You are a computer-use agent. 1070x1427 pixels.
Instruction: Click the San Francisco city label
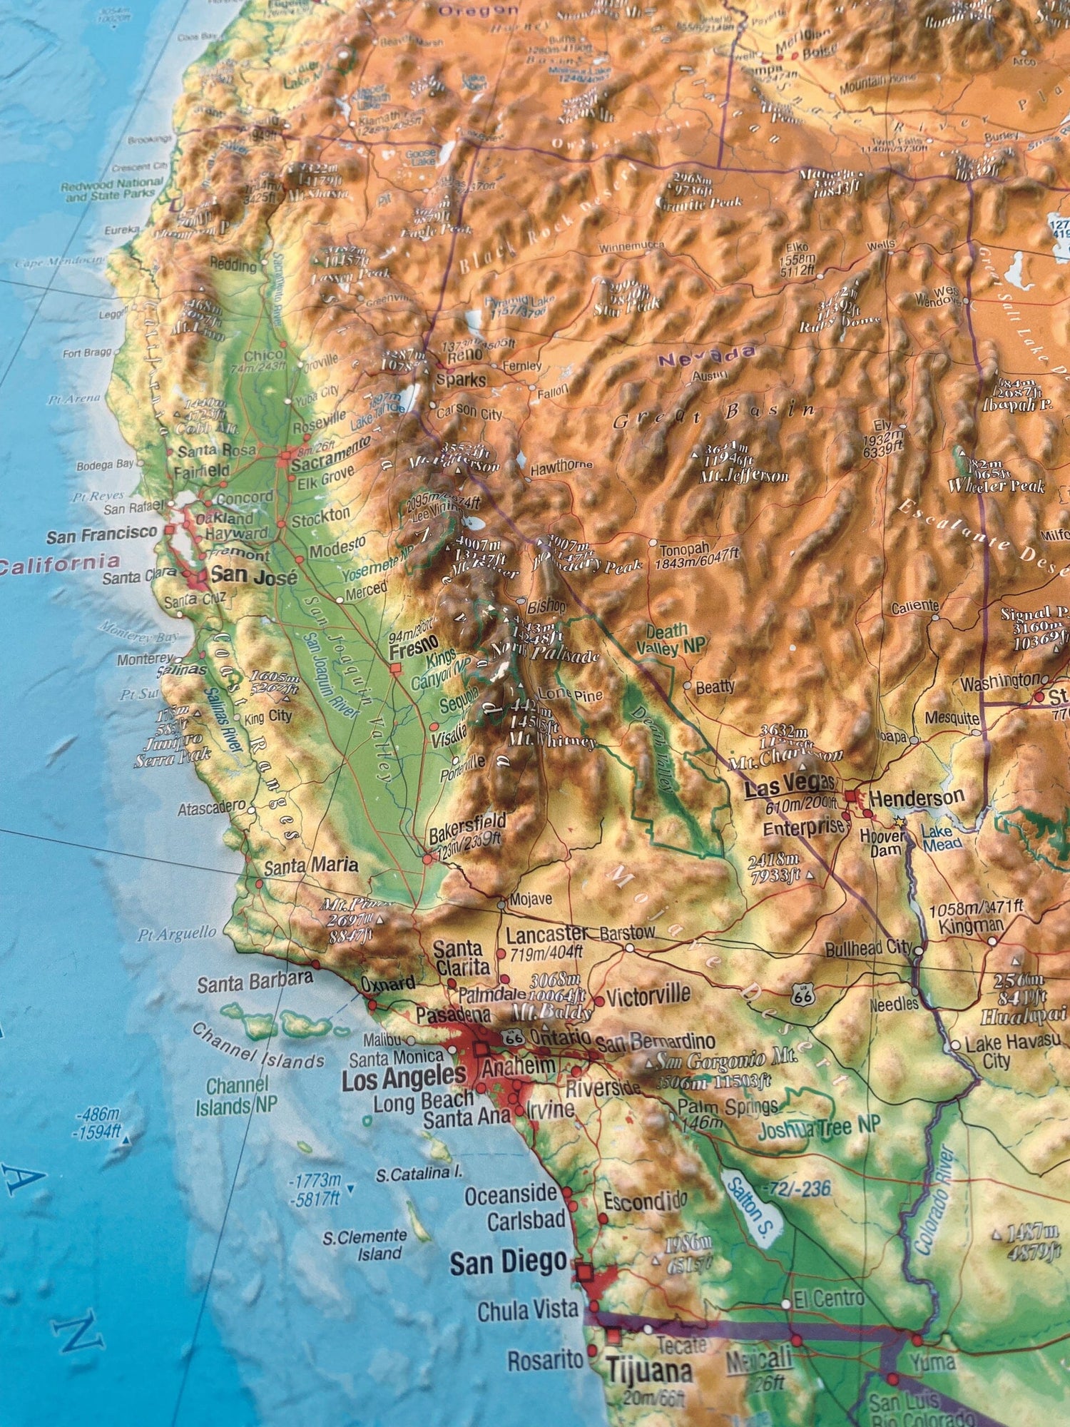tap(101, 534)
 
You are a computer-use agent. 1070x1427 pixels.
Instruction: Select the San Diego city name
tap(508, 1263)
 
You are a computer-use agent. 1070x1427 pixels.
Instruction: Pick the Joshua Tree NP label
tap(819, 1129)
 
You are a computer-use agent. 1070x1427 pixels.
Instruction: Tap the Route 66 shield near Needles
tap(802, 995)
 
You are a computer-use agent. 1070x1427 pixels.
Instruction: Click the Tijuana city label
tap(649, 1371)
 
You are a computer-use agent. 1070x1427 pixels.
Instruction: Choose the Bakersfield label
tap(467, 823)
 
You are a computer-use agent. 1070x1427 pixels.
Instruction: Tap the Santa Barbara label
tap(255, 982)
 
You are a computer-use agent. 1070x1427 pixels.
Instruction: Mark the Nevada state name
tap(706, 355)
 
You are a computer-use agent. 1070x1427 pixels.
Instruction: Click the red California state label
tap(58, 564)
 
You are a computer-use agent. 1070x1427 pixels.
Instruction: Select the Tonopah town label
tap(685, 549)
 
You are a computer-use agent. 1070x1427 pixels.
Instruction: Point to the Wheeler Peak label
tap(996, 486)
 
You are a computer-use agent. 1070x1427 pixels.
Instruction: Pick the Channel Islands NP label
tap(237, 1097)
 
